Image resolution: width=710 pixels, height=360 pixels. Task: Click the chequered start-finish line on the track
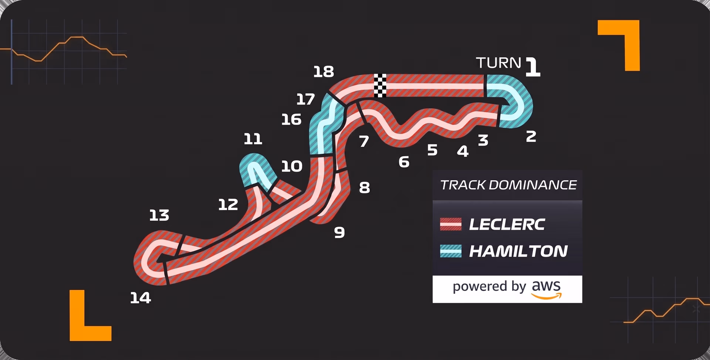(380, 85)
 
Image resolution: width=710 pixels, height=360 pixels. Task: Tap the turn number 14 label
(141, 298)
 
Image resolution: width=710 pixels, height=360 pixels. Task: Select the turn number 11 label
(253, 139)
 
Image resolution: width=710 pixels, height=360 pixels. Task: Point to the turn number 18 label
(324, 72)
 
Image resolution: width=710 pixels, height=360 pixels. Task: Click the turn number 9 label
(339, 232)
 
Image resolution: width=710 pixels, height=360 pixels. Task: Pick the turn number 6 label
(404, 162)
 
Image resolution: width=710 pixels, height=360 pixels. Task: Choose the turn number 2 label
(531, 137)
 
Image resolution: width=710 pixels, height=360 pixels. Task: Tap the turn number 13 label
(159, 215)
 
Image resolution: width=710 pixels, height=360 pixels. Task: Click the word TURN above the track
(498, 63)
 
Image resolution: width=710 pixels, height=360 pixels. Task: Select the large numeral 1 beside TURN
(533, 67)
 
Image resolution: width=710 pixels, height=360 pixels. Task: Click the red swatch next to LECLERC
(451, 224)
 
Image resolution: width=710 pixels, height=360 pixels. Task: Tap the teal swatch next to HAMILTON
(451, 251)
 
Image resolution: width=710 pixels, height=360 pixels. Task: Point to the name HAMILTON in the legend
(518, 251)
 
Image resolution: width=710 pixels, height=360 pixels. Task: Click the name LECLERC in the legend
(507, 224)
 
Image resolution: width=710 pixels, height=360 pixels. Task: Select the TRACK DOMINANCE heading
(508, 185)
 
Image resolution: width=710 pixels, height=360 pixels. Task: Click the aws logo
(547, 289)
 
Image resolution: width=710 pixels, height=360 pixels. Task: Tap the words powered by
(489, 287)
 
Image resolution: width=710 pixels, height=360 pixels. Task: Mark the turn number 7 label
(364, 141)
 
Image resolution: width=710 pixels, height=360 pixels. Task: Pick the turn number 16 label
(291, 119)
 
